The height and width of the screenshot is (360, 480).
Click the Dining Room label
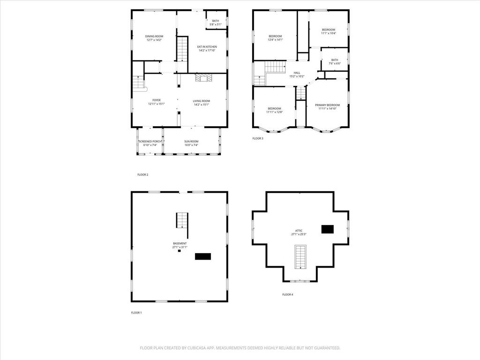click(154, 36)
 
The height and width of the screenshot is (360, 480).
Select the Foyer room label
click(156, 100)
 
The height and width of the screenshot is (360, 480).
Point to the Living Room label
click(202, 101)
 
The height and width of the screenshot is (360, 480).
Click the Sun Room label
click(191, 141)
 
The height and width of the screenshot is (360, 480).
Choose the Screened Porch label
click(150, 141)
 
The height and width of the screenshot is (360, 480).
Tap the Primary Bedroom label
click(327, 105)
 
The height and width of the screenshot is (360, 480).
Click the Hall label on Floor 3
click(297, 73)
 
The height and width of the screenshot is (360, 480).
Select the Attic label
click(299, 231)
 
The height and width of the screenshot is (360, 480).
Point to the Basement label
click(180, 243)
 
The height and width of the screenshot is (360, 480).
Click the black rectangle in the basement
click(203, 256)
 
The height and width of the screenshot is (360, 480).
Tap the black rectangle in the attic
click(327, 229)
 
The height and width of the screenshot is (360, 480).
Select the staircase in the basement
click(182, 220)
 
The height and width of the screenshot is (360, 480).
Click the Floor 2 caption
click(142, 175)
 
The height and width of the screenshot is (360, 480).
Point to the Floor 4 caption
click(287, 294)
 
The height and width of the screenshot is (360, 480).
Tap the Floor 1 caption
click(136, 312)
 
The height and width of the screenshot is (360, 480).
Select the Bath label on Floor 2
click(215, 21)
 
